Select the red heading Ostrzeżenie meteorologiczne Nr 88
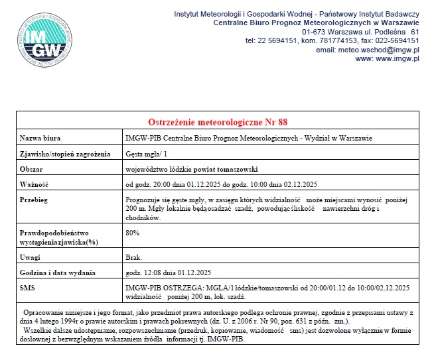[x=217, y=122]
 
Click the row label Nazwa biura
[x=40, y=138]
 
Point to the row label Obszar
[x=31, y=169]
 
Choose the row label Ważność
[x=34, y=184]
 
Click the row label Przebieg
[x=35, y=199]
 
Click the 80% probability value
[x=132, y=233]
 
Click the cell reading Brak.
[x=133, y=257]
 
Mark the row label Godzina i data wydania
[x=58, y=272]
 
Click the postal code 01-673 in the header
[x=315, y=32]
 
